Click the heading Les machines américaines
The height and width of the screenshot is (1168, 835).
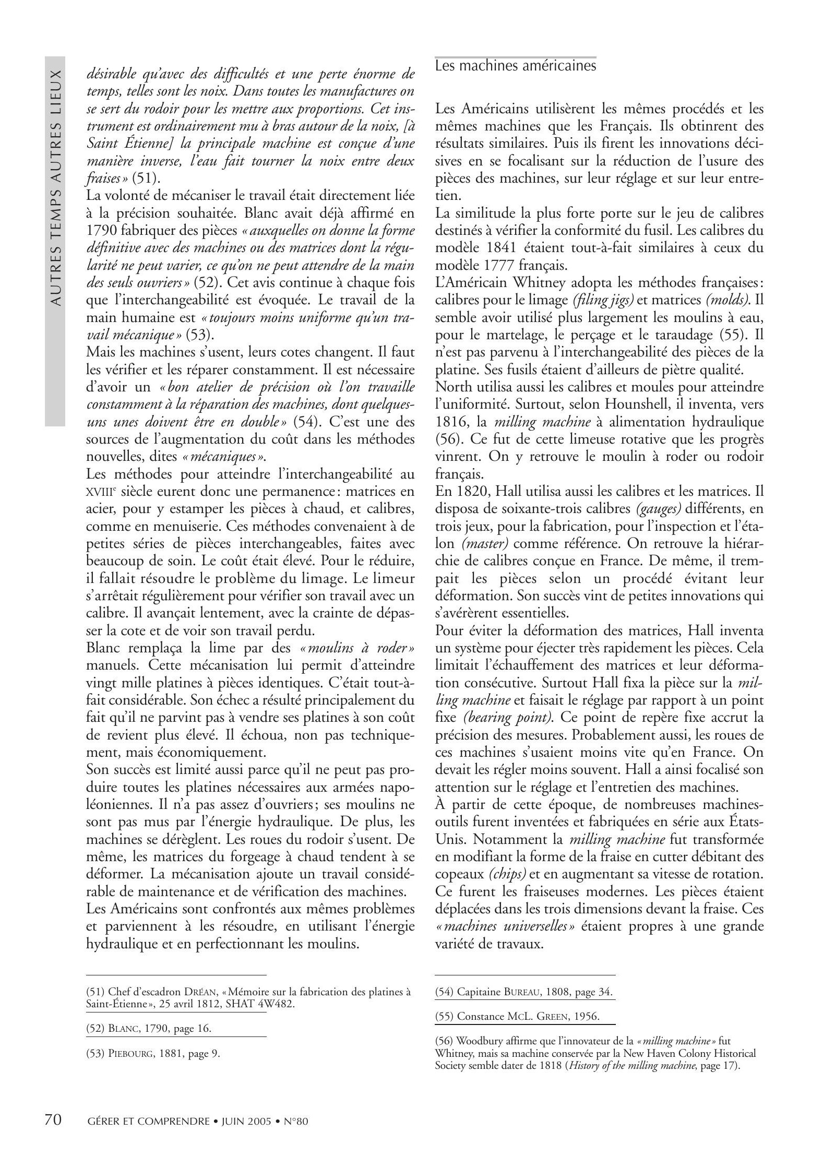(x=515, y=66)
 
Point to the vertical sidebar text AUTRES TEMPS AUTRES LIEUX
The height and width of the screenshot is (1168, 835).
(x=55, y=188)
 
